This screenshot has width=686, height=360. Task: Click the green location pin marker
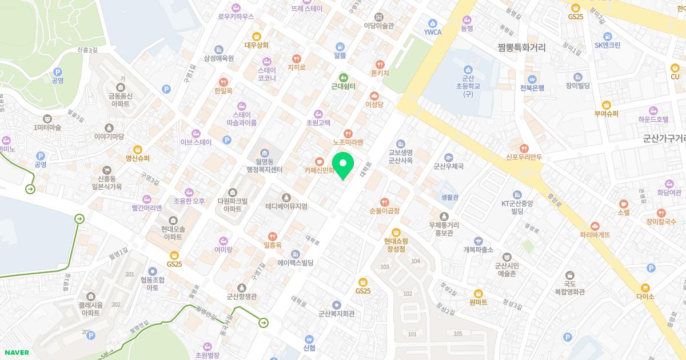click(343, 165)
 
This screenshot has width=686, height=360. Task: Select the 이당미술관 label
click(379, 26)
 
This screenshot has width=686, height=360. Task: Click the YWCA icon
click(433, 23)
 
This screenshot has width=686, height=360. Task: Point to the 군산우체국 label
click(448, 166)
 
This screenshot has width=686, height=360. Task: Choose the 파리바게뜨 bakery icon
click(595, 226)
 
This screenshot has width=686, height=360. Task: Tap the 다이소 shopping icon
click(645, 288)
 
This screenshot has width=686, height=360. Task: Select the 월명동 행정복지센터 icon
click(265, 153)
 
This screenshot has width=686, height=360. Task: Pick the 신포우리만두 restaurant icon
click(524, 148)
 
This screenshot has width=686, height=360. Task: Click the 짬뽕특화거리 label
click(521, 48)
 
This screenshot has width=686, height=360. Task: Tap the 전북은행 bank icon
click(532, 79)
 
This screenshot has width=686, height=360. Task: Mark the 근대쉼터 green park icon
click(344, 77)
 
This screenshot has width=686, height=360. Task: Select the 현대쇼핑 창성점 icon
click(396, 231)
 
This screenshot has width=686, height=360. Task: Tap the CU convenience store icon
click(675, 67)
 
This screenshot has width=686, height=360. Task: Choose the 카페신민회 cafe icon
click(319, 161)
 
